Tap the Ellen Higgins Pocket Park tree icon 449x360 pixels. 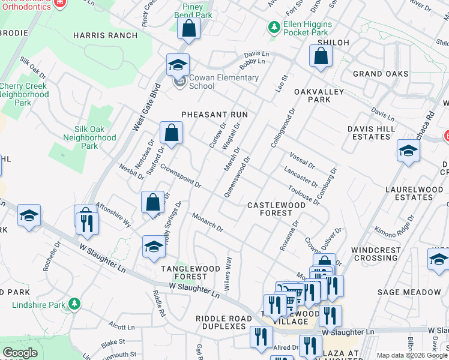pos(274,27)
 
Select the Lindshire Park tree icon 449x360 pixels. pos(74,304)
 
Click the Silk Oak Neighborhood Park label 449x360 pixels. pos(89,137)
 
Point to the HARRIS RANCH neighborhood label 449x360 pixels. pos(105,35)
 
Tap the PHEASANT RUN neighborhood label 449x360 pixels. pos(215,114)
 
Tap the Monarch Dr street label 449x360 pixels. pos(208,222)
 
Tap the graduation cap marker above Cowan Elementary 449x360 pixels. pos(178,65)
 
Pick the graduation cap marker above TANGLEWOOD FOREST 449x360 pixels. pos(154,247)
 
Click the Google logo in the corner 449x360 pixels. pos(20,353)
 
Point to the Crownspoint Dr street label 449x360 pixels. pos(181,178)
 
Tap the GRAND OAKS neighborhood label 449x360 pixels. pos(381,74)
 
